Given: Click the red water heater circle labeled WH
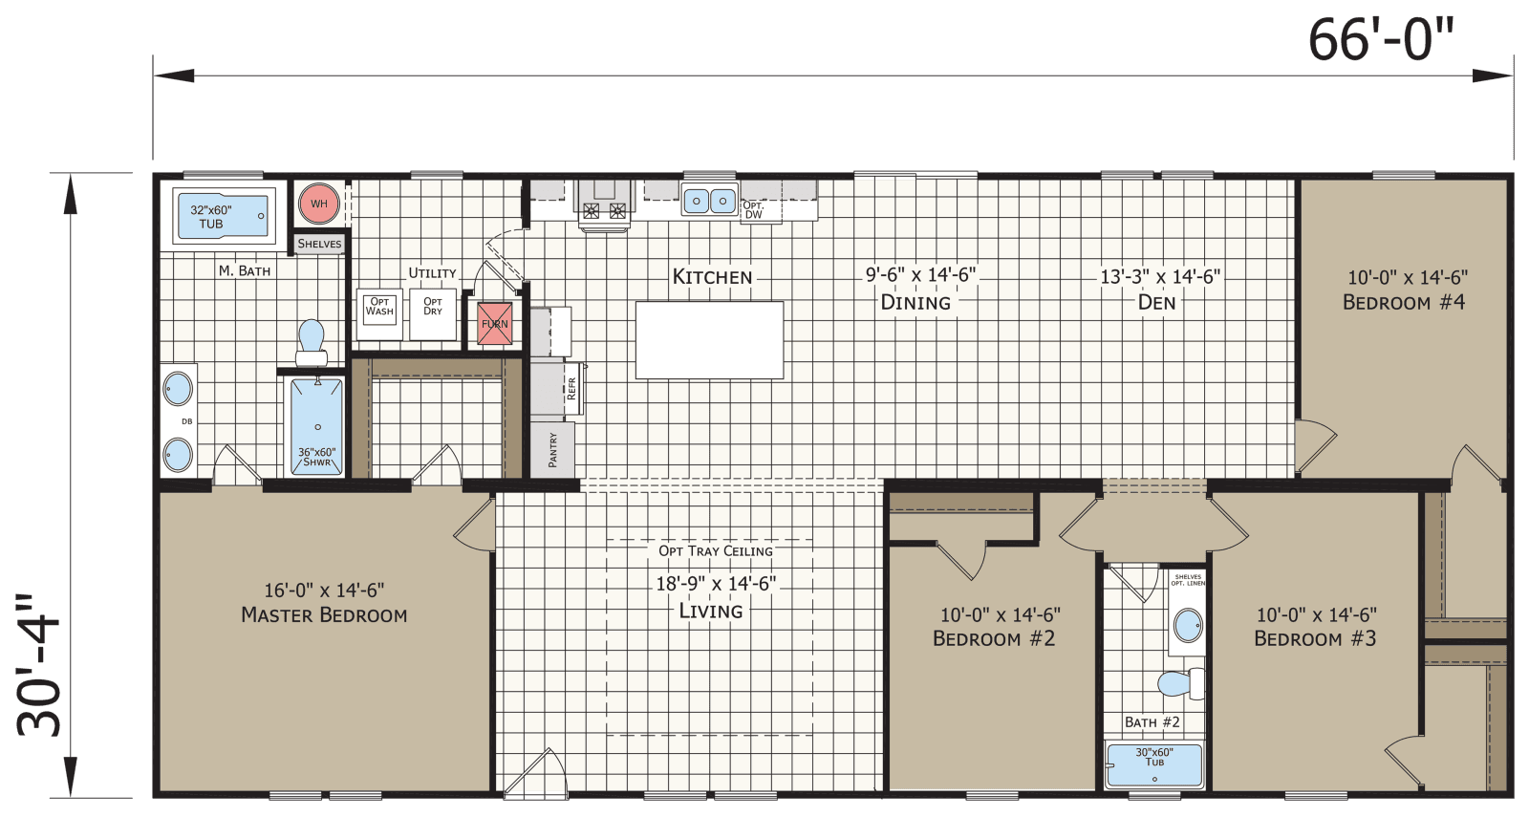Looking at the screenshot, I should pos(318,204).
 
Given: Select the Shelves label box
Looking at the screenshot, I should pos(319,244).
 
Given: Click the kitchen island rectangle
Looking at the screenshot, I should pos(709,339).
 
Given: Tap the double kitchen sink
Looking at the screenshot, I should pos(709,201).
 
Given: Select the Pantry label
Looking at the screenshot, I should pos(553,450).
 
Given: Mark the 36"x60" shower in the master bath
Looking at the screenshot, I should pos(316,426).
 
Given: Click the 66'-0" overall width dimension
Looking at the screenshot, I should pos(1380,40).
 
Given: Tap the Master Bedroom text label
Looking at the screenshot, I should pos(324,615).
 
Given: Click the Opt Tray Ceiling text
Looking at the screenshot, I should pos(715,550).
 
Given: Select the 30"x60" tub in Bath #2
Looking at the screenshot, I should pos(1154,764).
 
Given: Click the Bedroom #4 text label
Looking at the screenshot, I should pos(1404,302).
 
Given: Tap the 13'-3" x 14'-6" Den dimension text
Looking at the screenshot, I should pos(1159,277).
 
